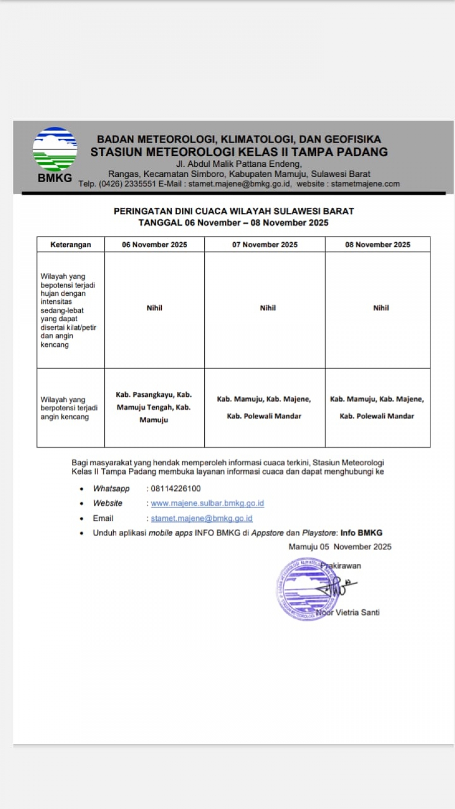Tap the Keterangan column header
pos(70,245)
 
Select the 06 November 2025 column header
pos(154,245)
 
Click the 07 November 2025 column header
pos(264,245)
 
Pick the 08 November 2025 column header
pos(377,245)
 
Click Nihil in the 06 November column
pos(154,308)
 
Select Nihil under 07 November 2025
pos(267,308)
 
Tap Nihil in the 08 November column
pos(381,308)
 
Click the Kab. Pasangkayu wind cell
pos(154,407)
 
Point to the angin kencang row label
pos(69,408)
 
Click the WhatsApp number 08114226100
pos(175,488)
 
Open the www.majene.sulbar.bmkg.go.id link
pos(207,503)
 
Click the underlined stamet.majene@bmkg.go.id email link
pos(201,518)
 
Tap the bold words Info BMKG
pos(361,532)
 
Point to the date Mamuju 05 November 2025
pos(340,547)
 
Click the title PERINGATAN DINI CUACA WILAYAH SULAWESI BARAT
pos(234,211)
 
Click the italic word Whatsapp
pos(111,488)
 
